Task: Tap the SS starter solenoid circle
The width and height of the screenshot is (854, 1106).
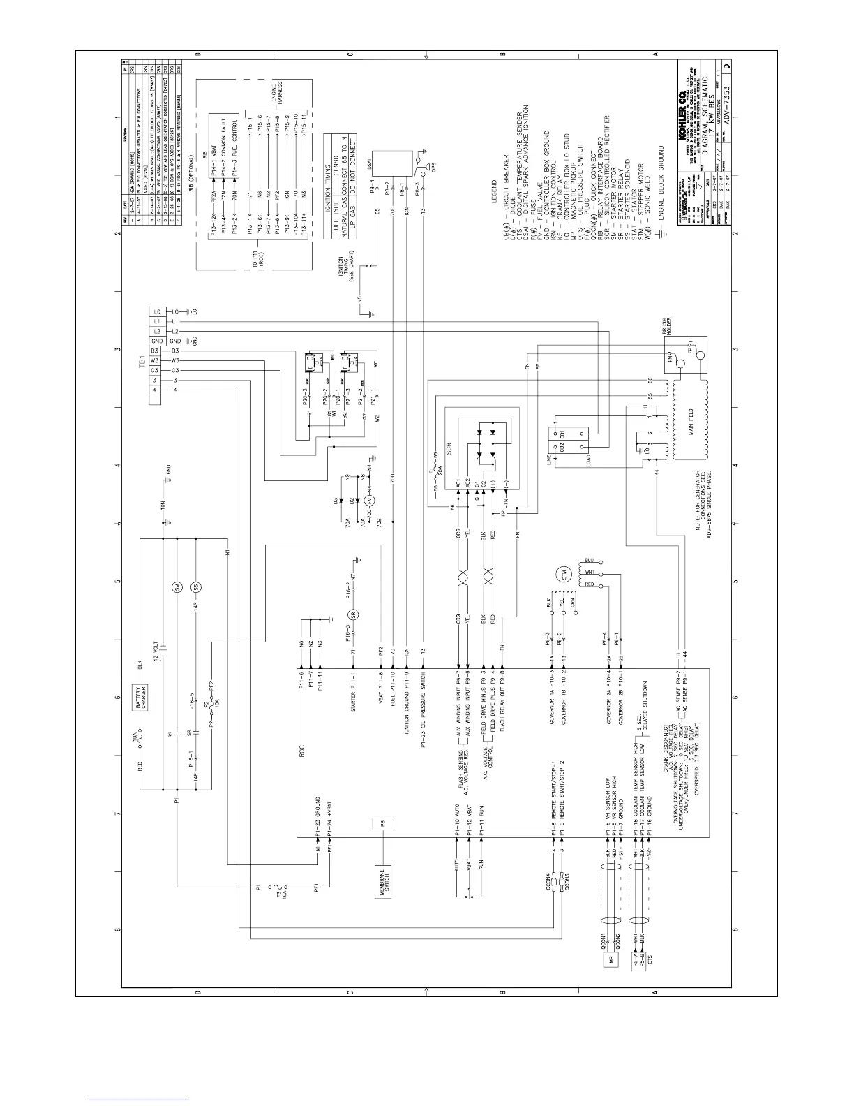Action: [x=196, y=587]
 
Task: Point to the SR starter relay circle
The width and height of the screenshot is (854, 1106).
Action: [x=353, y=614]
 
